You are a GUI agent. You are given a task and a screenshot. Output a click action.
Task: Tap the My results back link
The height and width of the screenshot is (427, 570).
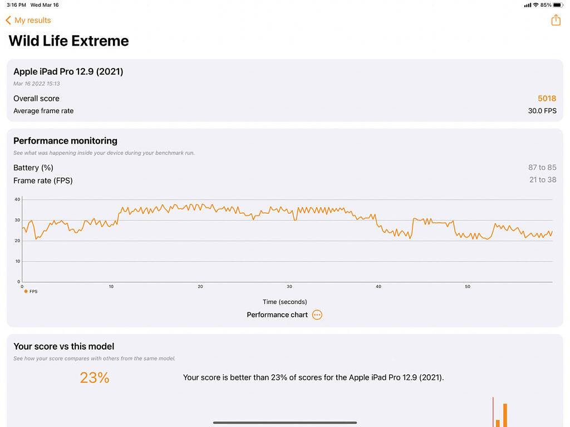(x=28, y=20)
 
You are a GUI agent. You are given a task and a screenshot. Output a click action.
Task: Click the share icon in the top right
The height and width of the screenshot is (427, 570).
(x=556, y=20)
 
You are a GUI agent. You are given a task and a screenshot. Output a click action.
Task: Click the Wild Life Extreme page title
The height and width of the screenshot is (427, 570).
(x=68, y=41)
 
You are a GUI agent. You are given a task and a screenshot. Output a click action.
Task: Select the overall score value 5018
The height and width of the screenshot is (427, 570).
(x=547, y=99)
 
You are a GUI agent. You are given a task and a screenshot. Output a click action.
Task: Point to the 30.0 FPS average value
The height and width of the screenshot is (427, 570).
(x=542, y=111)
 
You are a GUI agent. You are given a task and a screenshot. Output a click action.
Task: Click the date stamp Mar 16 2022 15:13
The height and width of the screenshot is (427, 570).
(x=37, y=84)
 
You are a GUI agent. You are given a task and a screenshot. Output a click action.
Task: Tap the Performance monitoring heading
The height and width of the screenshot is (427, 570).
(x=65, y=141)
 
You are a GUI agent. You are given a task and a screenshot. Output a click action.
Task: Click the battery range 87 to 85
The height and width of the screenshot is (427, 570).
(x=542, y=168)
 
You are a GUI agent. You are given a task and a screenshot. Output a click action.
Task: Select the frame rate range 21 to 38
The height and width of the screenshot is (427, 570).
(x=542, y=180)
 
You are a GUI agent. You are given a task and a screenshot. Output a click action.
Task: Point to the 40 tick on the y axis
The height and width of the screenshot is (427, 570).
(x=17, y=199)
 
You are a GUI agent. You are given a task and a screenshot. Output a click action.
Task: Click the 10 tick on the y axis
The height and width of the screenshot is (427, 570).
(x=17, y=261)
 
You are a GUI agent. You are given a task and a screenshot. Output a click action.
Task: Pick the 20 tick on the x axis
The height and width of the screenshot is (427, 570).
(x=200, y=287)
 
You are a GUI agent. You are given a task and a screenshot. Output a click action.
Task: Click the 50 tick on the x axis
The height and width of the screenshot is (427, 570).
(x=468, y=287)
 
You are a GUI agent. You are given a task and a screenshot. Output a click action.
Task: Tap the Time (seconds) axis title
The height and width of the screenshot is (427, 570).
(x=284, y=302)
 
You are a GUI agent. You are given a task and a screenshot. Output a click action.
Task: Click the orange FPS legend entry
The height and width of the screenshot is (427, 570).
(x=31, y=291)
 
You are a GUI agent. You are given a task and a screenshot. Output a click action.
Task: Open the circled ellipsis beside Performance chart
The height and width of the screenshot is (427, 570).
(x=317, y=315)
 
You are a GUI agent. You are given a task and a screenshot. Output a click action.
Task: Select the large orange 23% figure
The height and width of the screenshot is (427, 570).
(x=95, y=378)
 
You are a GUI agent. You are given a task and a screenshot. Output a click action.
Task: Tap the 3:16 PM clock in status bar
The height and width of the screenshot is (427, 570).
(x=16, y=5)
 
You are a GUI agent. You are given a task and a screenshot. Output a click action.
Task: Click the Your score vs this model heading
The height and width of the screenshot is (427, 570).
(x=63, y=346)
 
